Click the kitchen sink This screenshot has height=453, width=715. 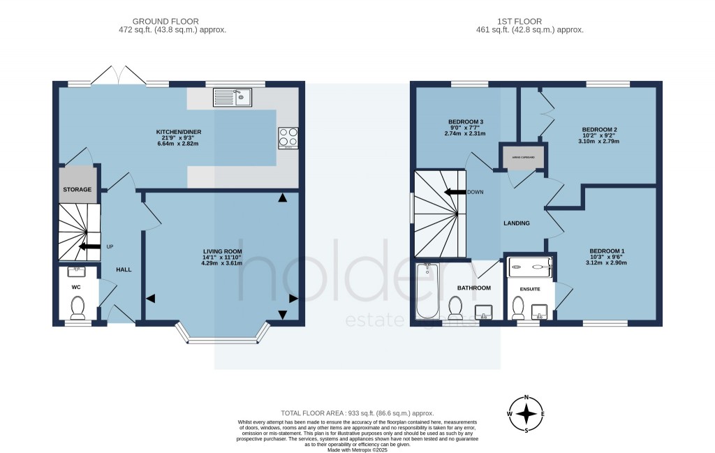(x=233, y=97)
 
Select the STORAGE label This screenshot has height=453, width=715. (x=77, y=189)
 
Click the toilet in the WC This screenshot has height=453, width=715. (x=78, y=306)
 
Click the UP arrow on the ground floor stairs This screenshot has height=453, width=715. (x=89, y=246)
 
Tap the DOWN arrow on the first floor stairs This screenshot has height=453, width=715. (x=457, y=192)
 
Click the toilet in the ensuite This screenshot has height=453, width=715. (x=518, y=306)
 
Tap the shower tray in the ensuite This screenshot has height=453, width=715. (x=530, y=265)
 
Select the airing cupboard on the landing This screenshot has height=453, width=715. (x=523, y=158)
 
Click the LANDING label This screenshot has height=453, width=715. (x=517, y=223)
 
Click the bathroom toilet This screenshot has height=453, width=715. (x=456, y=306)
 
